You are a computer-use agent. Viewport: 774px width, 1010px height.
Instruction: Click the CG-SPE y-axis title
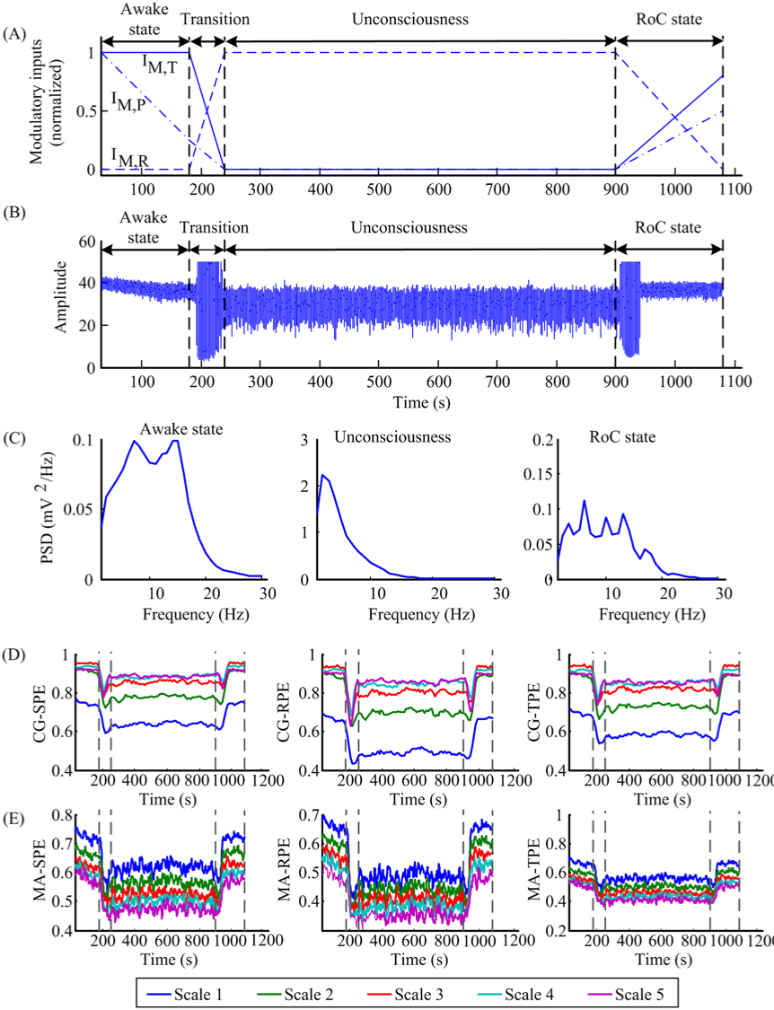click(39, 715)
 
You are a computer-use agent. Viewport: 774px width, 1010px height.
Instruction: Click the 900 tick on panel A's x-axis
click(615, 189)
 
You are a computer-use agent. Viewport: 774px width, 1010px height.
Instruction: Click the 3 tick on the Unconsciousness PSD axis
click(305, 440)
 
